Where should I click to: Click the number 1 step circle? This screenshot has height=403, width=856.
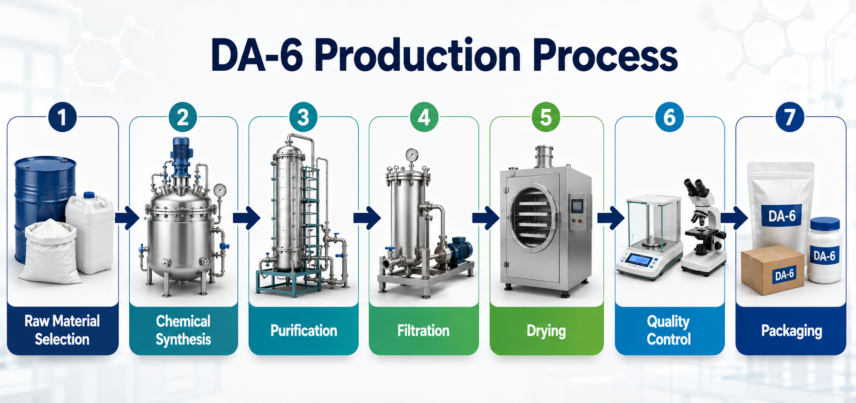click(62, 117)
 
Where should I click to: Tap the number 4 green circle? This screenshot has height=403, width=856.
click(424, 117)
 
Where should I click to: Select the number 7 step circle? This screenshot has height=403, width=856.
click(790, 117)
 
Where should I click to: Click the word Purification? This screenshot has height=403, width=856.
click(303, 331)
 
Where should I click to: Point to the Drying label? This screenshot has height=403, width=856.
click(546, 331)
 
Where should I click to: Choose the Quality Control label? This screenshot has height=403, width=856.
click(669, 330)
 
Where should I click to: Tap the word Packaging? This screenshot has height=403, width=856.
click(791, 331)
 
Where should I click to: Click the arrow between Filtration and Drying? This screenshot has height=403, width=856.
click(486, 218)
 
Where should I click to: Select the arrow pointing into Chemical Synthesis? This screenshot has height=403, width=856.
click(126, 218)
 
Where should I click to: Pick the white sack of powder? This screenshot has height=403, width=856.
click(49, 252)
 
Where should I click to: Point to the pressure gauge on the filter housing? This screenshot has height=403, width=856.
click(412, 155)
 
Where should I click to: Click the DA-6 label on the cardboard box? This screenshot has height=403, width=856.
click(784, 274)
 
